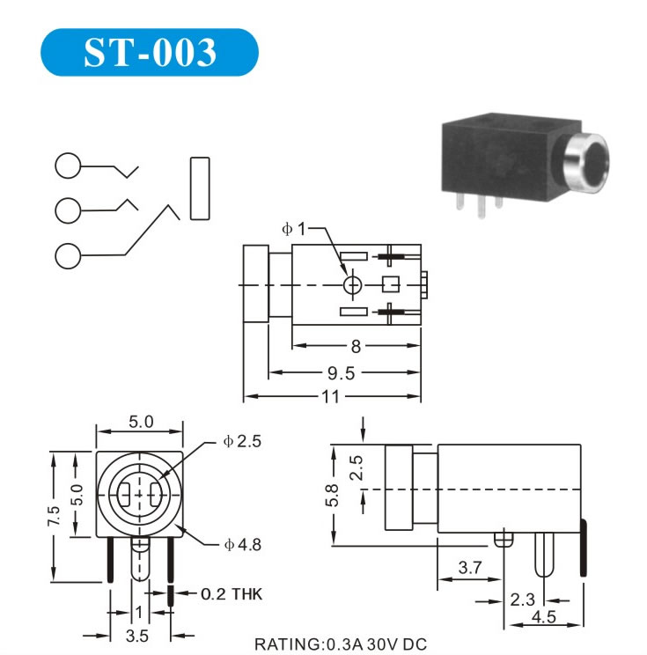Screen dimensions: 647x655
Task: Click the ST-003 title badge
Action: (150, 52)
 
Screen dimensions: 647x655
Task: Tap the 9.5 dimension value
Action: (341, 373)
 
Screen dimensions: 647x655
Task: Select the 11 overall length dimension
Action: (330, 396)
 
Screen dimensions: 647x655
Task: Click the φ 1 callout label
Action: (294, 229)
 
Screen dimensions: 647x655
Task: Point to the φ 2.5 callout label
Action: (242, 441)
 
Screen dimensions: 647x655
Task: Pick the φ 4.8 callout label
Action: (243, 545)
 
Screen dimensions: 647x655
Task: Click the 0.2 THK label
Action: (232, 594)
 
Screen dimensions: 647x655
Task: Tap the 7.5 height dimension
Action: (54, 516)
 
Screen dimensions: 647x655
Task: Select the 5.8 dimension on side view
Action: (332, 496)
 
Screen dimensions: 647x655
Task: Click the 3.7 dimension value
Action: (470, 567)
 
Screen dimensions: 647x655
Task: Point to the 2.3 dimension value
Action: (522, 600)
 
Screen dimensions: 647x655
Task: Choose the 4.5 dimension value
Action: (544, 617)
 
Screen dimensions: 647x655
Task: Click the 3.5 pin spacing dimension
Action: (137, 637)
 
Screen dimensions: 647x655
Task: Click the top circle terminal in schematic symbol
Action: (68, 166)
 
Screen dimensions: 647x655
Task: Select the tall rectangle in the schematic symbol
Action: (200, 188)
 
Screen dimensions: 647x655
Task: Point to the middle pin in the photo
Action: (482, 207)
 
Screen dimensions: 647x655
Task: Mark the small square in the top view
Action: (391, 284)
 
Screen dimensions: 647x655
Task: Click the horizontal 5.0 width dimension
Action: (141, 422)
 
